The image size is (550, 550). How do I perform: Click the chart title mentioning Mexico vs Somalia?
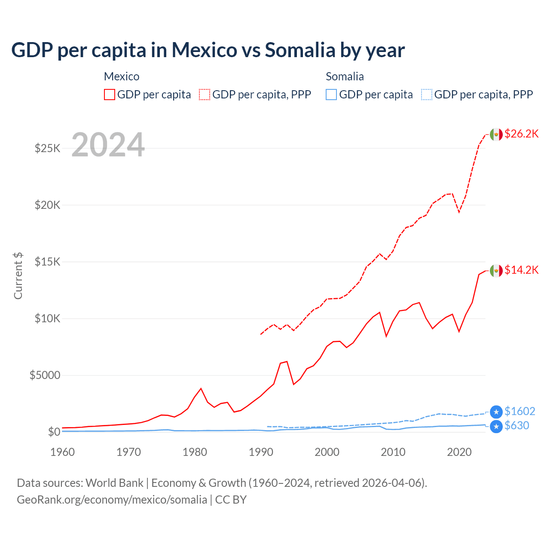(x=208, y=50)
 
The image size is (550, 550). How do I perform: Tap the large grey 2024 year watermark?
(x=108, y=145)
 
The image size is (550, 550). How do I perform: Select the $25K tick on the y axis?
(x=47, y=148)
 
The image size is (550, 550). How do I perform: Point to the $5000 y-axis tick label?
(x=45, y=375)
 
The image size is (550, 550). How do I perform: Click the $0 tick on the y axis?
(x=54, y=432)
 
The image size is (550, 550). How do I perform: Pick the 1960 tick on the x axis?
(x=63, y=452)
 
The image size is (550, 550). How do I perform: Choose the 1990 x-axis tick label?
(x=261, y=452)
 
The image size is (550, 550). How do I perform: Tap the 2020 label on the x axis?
(x=459, y=452)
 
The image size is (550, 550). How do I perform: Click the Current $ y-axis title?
(x=18, y=275)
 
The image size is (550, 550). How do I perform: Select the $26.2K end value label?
(x=521, y=134)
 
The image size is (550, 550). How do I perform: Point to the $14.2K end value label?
(x=521, y=270)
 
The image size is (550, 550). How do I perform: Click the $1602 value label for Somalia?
(x=519, y=411)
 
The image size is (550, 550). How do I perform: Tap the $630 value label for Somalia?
(x=516, y=425)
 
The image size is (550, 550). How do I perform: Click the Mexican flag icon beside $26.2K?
(x=496, y=134)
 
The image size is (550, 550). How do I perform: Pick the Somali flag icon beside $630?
(x=496, y=426)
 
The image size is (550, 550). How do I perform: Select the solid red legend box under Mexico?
(x=110, y=95)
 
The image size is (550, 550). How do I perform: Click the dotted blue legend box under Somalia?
(x=427, y=95)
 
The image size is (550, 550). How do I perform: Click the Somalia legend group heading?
(x=345, y=76)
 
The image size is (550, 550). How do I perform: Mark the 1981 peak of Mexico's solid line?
(x=201, y=388)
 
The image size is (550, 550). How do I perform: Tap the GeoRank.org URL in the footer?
(x=112, y=500)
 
